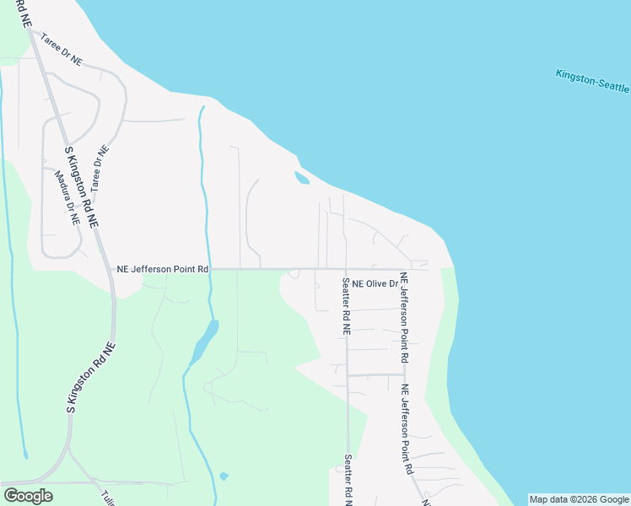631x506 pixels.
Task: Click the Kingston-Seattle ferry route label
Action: [592, 82]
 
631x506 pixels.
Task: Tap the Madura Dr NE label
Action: [67, 198]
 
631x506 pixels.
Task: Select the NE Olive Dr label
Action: [375, 284]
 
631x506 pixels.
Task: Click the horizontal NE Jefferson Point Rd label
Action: [162, 269]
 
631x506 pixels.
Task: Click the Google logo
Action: [28, 496]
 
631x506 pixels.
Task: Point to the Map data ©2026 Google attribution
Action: [579, 499]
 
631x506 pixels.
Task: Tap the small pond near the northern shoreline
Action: [301, 178]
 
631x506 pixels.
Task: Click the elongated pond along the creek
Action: [203, 342]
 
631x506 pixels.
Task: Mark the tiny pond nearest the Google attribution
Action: [224, 476]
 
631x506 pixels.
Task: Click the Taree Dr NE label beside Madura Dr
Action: [100, 165]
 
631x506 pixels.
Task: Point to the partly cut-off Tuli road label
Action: [107, 497]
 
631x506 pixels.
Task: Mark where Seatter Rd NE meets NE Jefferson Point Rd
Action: [346, 270]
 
